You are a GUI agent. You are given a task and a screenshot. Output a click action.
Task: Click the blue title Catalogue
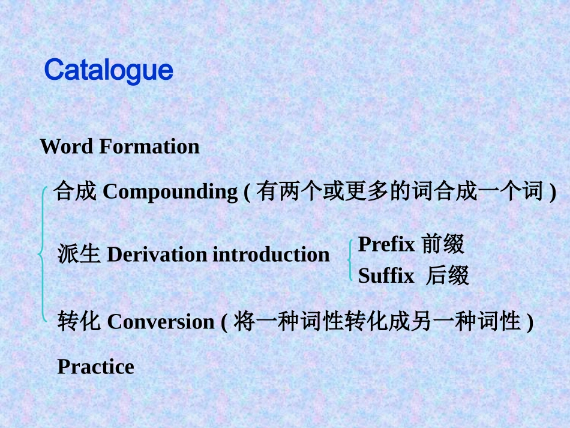pyautogui.click(x=109, y=71)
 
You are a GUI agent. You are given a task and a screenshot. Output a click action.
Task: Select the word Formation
pyautogui.click(x=149, y=146)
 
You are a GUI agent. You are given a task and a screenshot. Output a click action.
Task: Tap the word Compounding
pyautogui.click(x=170, y=192)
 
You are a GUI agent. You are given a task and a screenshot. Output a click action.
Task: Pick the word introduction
pyautogui.click(x=271, y=255)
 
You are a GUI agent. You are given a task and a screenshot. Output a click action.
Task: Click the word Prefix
pyautogui.click(x=386, y=244)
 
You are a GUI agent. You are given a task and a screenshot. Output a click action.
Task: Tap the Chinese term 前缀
pyautogui.click(x=443, y=244)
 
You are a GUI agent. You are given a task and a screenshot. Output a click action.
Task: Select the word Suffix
pyautogui.click(x=386, y=276)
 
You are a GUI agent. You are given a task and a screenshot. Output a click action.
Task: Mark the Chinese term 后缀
pyautogui.click(x=447, y=276)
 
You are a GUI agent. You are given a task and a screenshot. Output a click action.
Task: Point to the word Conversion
pyautogui.click(x=160, y=322)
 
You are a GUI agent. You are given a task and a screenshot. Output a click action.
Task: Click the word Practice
pyautogui.click(x=95, y=367)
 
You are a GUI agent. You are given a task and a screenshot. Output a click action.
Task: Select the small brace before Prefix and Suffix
pyautogui.click(x=350, y=261)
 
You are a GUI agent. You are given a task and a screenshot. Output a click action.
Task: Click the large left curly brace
pyautogui.click(x=42, y=255)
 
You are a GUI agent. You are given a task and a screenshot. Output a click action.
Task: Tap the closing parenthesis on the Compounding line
pyautogui.click(x=552, y=193)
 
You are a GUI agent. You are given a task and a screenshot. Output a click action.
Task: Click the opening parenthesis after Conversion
pyautogui.click(x=224, y=323)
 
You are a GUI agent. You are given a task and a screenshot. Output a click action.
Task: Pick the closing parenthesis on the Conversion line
pyautogui.click(x=529, y=323)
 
